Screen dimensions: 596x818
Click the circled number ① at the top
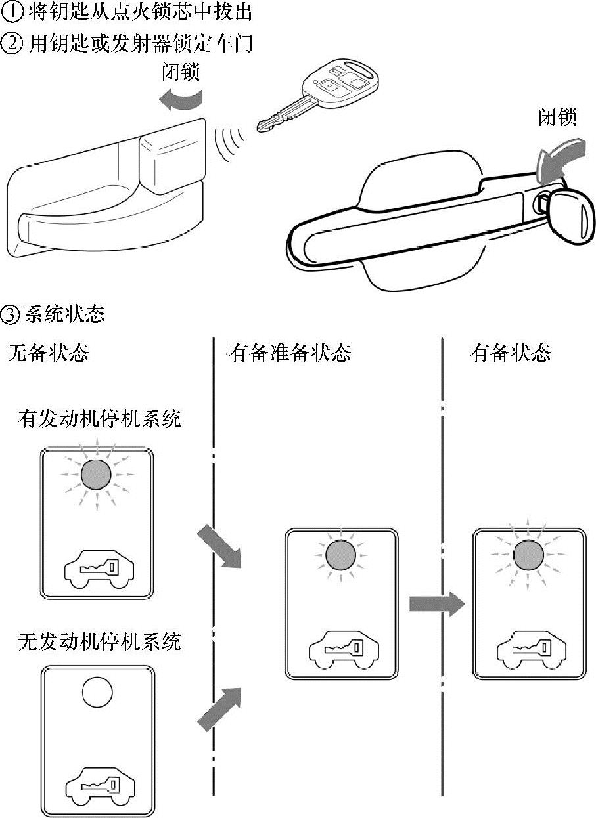tap(11, 11)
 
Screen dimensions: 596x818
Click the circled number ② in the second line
tap(11, 43)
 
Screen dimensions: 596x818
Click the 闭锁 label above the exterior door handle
tap(557, 118)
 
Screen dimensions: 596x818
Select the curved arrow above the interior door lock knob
tap(181, 100)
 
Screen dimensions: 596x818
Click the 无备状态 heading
tap(48, 353)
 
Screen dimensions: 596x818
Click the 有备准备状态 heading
tap(288, 353)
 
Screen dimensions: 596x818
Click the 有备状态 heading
tap(510, 353)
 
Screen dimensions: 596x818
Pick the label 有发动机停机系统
tap(99, 419)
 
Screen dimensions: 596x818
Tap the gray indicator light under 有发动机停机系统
tap(96, 475)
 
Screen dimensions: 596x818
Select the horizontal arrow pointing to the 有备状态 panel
tap(437, 604)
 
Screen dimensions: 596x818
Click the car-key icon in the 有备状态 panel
tap(532, 651)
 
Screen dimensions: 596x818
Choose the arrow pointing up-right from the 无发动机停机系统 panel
tap(220, 709)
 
